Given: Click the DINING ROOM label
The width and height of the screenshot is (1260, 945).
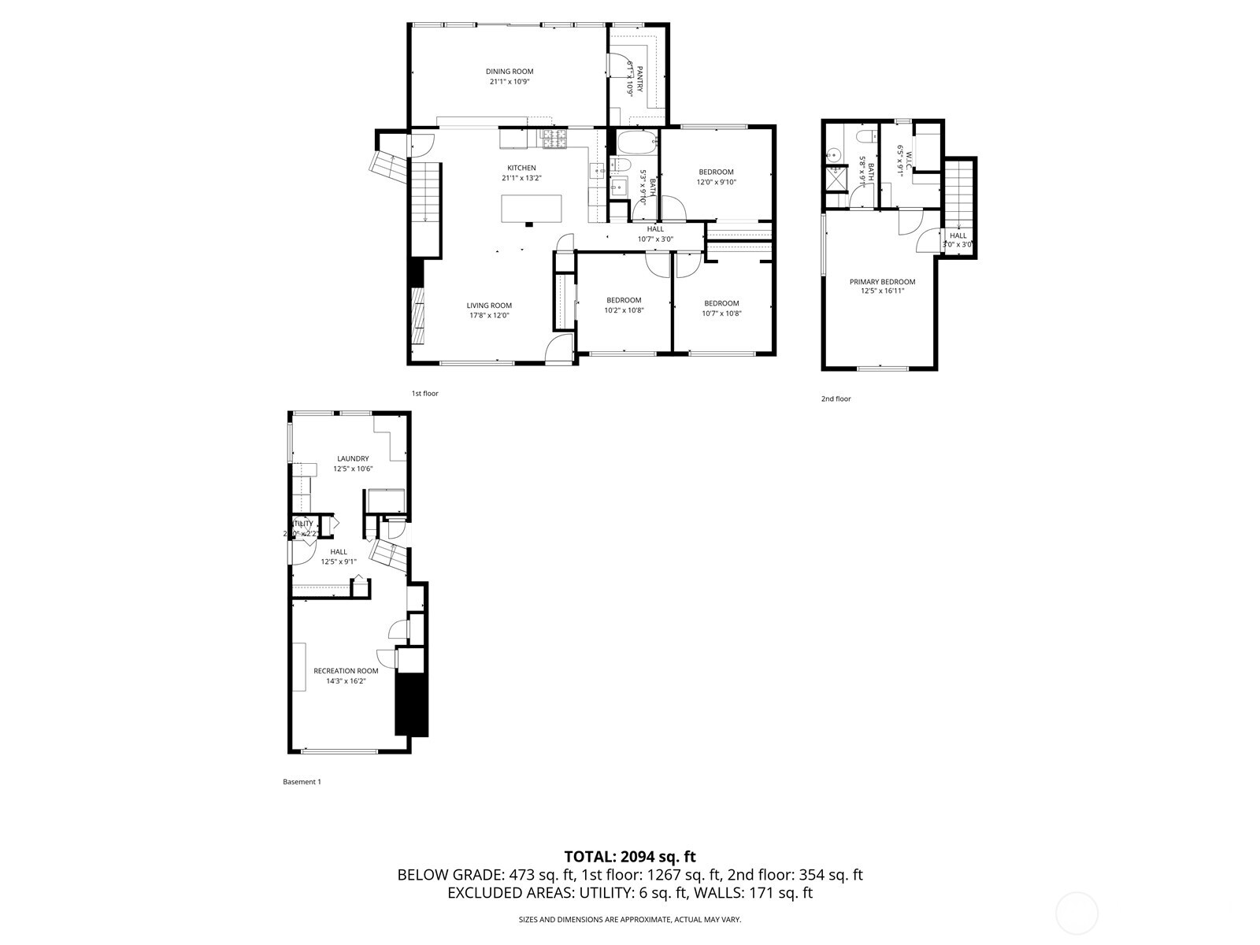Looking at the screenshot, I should tap(510, 72).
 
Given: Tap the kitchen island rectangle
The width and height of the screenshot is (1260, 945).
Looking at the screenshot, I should tap(532, 208).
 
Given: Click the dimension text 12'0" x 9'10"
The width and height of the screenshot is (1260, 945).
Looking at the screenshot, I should tap(716, 182).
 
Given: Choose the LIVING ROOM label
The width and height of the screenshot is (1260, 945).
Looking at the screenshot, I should tap(489, 306).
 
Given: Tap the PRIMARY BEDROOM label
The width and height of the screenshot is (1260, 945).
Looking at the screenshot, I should tap(882, 281).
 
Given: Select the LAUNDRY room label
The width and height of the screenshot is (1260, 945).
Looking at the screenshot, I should tap(353, 458).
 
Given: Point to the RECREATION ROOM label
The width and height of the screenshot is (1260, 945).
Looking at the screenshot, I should tap(346, 671).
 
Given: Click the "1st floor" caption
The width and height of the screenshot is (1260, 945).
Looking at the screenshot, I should tap(424, 393).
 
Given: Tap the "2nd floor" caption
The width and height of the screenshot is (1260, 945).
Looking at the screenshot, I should tap(836, 398).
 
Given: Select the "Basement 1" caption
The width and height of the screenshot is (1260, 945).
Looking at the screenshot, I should tap(302, 782).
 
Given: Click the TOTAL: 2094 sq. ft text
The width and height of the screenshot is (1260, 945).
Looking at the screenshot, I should tap(630, 856).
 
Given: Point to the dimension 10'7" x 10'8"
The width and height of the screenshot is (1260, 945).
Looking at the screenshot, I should tap(721, 313).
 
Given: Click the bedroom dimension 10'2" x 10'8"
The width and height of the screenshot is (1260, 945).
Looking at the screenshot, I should tap(624, 309).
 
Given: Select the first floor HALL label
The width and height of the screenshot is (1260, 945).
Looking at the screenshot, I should tap(655, 229).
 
